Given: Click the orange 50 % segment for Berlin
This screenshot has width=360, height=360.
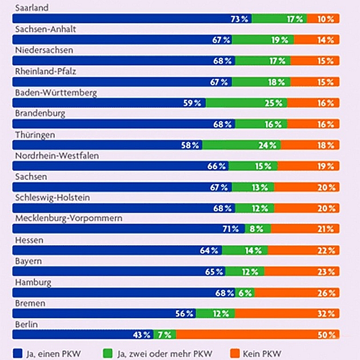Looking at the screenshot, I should click(258, 334).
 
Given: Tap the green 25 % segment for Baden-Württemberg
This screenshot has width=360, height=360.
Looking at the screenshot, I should click(246, 103).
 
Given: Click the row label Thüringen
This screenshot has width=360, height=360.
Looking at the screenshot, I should click(35, 134).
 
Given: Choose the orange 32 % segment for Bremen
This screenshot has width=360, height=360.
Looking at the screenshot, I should click(287, 313).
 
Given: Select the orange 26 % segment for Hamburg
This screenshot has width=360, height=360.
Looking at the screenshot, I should click(297, 293).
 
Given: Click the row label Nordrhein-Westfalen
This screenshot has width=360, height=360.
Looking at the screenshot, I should click(51, 155).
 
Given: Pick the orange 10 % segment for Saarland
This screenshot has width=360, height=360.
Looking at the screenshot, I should click(323, 19).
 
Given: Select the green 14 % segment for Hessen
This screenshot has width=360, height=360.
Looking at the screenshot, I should click(245, 250).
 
